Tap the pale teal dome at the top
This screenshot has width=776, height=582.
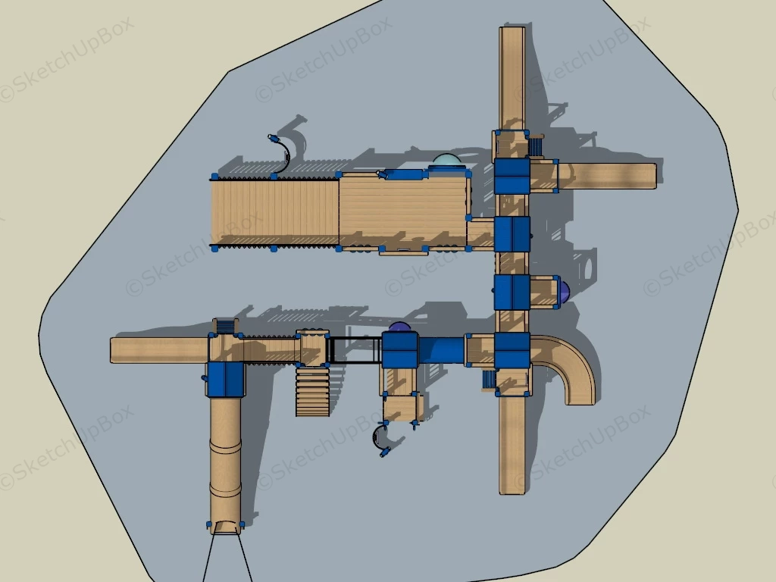447,161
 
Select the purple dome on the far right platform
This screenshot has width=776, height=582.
564,291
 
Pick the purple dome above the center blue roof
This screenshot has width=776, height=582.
400,327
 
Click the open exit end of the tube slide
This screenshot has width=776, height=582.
226,527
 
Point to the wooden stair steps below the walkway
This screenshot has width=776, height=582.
313,391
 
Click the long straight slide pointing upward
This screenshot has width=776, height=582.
512,78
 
